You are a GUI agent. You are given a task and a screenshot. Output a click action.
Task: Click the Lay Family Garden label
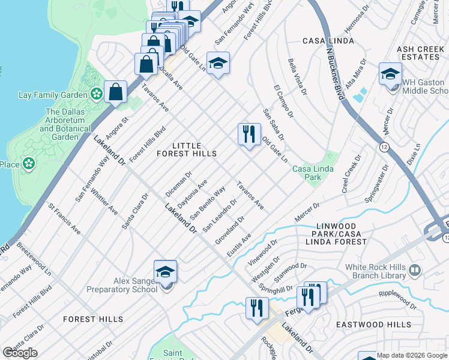[53, 95]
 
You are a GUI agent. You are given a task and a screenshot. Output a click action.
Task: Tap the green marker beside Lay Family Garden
[95, 94]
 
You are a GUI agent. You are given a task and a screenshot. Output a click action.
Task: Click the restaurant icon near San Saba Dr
[249, 134]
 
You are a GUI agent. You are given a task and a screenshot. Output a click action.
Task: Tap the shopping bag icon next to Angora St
[115, 92]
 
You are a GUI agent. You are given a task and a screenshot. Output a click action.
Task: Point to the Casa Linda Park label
[312, 173]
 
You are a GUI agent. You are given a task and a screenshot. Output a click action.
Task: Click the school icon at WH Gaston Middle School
[390, 74]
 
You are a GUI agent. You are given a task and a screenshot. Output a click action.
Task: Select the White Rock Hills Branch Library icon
[414, 271]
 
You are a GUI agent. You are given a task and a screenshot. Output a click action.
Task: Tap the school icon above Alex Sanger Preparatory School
[166, 271]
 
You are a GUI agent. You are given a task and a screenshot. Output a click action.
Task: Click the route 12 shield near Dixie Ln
[382, 146]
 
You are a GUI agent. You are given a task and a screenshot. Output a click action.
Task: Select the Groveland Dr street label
[230, 230]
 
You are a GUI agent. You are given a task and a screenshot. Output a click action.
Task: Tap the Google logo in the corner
[20, 353]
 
